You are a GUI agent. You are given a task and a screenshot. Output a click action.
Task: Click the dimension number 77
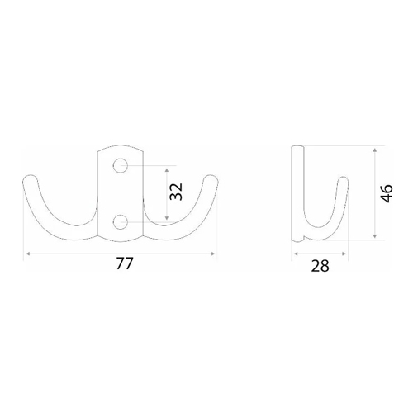tap(125, 263)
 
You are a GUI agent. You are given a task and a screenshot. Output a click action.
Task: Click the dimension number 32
tap(176, 192)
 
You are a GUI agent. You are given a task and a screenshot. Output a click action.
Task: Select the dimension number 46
tap(386, 193)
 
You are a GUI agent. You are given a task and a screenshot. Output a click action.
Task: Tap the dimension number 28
tap(320, 266)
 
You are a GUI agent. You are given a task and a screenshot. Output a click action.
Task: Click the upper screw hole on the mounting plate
tap(120, 166)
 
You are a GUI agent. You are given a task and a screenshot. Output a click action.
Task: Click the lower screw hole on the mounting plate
tap(121, 222)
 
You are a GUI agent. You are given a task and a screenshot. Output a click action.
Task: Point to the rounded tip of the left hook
tap(30, 179)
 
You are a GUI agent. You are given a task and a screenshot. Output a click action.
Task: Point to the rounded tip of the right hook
tap(211, 179)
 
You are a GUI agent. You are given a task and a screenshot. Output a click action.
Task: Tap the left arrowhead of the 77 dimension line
tap(28, 254)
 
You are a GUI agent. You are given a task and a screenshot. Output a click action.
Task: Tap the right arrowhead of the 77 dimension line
tap(213, 254)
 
